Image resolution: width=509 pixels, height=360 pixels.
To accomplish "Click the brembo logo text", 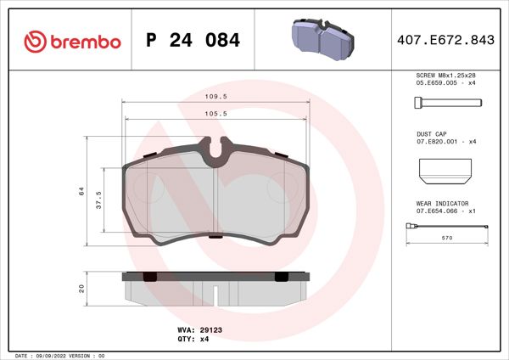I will pyautogui.click(x=74, y=42).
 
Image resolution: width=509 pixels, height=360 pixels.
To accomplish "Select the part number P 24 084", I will pyautogui.click(x=193, y=41).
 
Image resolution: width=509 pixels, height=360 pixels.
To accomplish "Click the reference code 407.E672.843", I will pyautogui.click(x=452, y=41).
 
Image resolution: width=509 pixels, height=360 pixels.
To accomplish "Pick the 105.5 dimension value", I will pyautogui.click(x=218, y=112).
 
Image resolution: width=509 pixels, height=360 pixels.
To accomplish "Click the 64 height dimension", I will pyautogui.click(x=82, y=192).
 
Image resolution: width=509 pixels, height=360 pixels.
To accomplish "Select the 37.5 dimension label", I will pyautogui.click(x=99, y=199).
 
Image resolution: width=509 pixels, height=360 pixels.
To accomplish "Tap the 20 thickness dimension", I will pyautogui.click(x=82, y=288).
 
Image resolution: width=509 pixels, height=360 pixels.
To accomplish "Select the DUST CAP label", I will pyautogui.click(x=431, y=134).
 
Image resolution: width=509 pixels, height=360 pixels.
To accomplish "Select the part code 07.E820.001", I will pyautogui.click(x=437, y=142).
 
